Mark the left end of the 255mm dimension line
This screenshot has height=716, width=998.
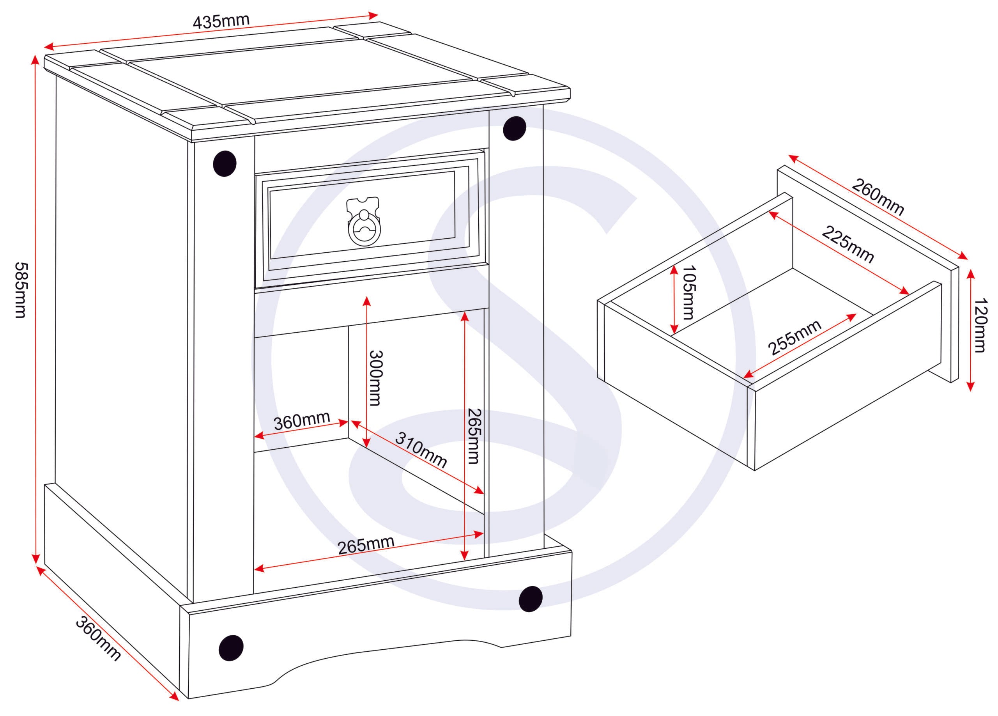point(744,377)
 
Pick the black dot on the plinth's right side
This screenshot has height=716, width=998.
point(530,599)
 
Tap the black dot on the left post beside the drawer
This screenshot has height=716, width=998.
point(225,163)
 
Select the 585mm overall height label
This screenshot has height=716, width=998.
point(21,291)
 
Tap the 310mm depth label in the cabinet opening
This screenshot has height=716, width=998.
point(421,449)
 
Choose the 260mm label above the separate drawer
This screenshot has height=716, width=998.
point(878,197)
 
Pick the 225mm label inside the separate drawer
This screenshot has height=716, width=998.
point(848,245)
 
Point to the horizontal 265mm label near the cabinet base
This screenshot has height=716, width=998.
point(366,546)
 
